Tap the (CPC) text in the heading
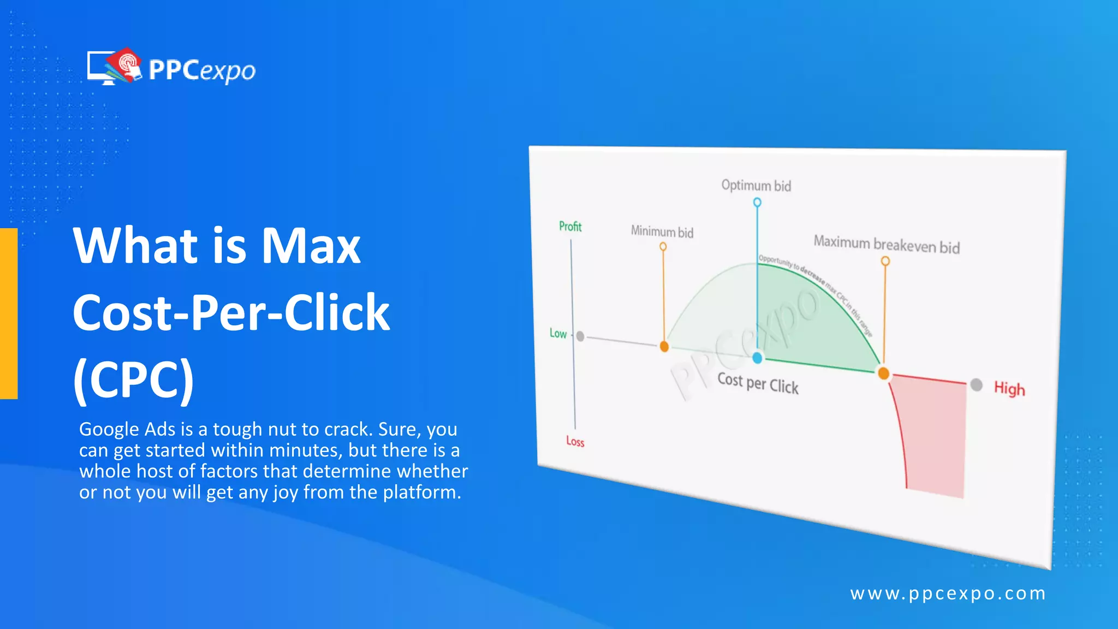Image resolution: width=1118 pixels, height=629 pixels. click(x=133, y=379)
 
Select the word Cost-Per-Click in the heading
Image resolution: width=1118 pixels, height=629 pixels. click(x=231, y=312)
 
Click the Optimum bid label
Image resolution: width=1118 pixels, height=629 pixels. click(x=756, y=186)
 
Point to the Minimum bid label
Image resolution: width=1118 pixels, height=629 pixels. click(x=662, y=232)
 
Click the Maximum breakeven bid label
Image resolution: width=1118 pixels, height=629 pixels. click(x=887, y=244)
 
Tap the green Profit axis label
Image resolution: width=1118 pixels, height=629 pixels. click(x=570, y=227)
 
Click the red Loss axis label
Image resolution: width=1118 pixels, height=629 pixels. click(x=575, y=441)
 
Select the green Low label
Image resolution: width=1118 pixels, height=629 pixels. click(x=558, y=333)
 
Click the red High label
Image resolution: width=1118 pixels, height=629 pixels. click(x=1009, y=389)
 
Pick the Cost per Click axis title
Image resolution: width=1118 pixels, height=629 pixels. click(x=758, y=383)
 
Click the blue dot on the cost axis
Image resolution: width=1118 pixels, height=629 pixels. click(x=757, y=358)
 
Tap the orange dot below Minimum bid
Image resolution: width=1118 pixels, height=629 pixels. click(x=664, y=346)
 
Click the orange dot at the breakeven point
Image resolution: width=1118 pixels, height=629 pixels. click(x=883, y=373)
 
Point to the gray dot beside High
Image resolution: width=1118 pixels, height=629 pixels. click(x=977, y=385)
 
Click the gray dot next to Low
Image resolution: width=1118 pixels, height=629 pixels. click(x=580, y=336)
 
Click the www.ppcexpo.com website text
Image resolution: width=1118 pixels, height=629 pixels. click(x=948, y=594)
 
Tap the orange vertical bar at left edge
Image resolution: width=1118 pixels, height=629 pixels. click(x=9, y=313)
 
